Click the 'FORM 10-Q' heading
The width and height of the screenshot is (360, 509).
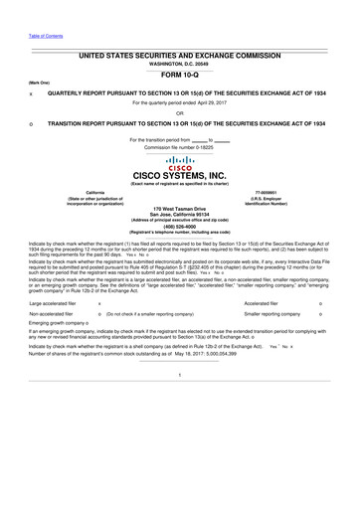pos(180,74)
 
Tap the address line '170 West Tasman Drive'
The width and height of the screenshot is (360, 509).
pos(180,207)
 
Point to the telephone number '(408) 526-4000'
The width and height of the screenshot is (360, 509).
pos(180,226)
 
